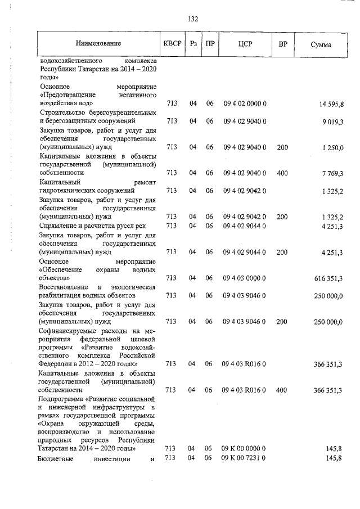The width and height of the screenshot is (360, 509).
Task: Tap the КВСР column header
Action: click(172, 44)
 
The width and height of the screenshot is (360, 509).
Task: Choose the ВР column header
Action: click(282, 44)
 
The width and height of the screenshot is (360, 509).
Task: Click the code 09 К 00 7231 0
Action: click(244, 458)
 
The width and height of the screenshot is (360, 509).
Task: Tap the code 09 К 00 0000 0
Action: click(244, 448)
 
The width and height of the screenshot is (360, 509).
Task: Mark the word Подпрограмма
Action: click(62, 398)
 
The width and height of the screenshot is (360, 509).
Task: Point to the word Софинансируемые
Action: click(68, 331)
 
